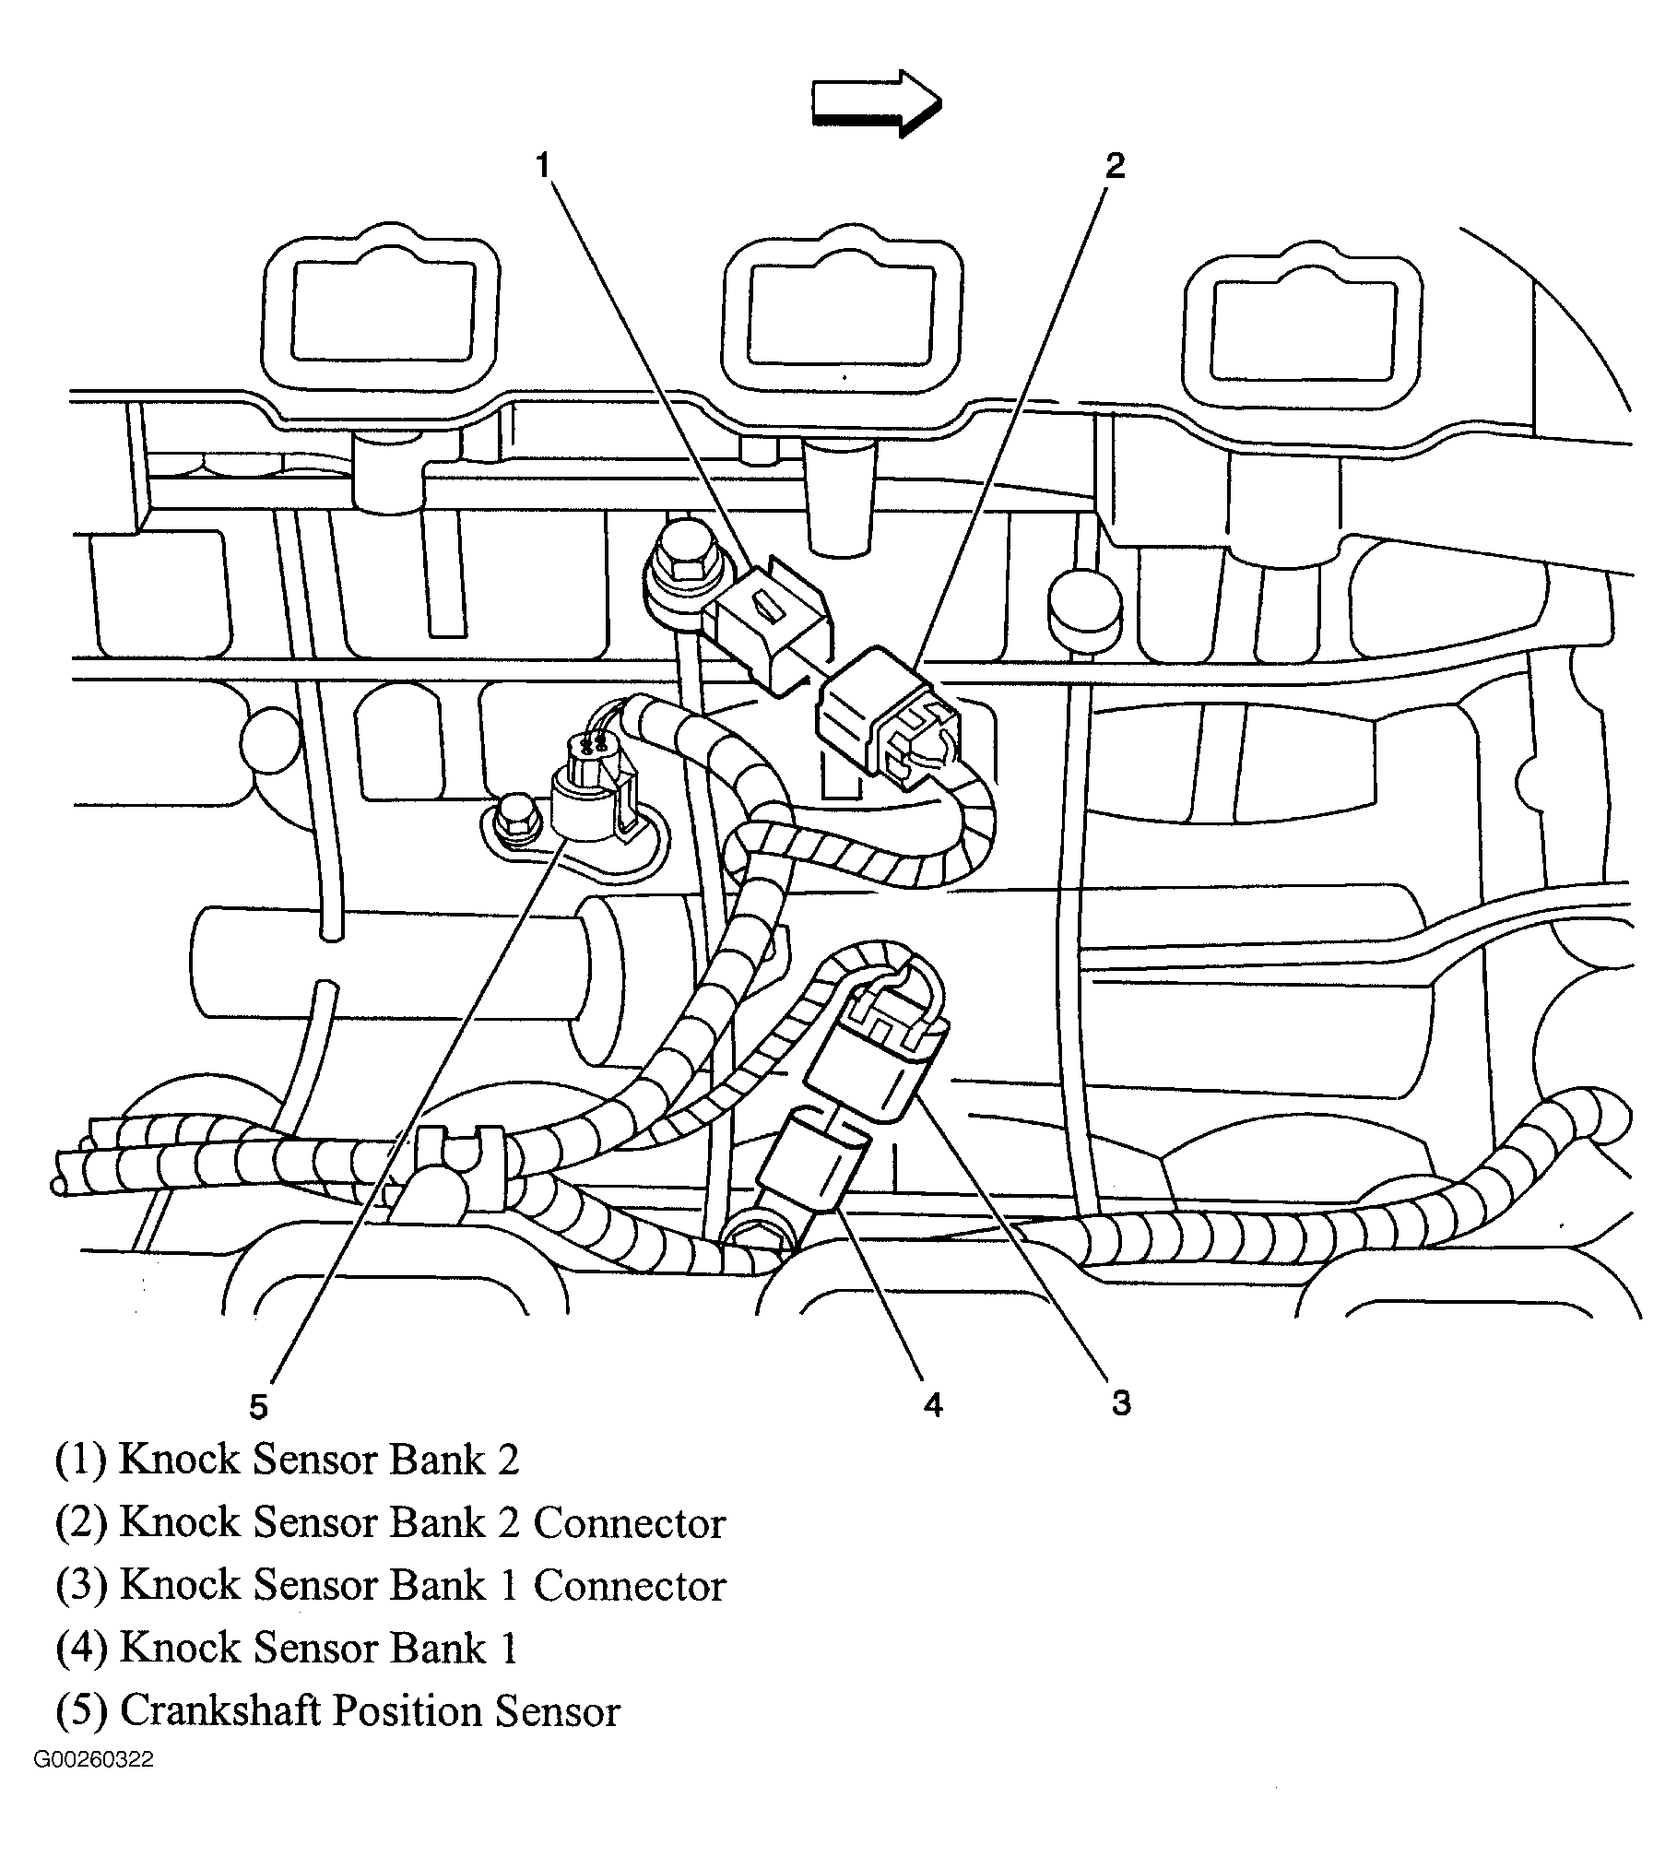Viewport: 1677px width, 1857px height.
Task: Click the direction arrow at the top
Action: [876, 102]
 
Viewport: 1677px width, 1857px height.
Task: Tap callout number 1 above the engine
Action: [543, 166]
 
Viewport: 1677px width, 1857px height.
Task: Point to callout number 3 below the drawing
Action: [1120, 1403]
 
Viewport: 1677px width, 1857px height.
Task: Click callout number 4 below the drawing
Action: [932, 1405]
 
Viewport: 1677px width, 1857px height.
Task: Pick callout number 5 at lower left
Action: [258, 1407]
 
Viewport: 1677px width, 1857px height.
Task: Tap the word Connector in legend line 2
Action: [630, 1523]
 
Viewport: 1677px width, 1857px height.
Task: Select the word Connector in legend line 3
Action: [630, 1586]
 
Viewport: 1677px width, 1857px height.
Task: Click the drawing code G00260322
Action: [94, 1786]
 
